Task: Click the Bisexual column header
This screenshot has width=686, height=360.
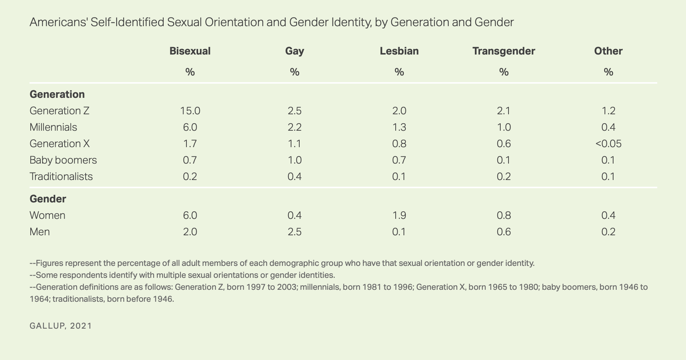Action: tap(190, 51)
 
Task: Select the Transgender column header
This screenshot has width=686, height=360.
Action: tap(504, 51)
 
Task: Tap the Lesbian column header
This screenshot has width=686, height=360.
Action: tap(399, 51)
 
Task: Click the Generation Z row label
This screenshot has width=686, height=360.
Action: tap(59, 111)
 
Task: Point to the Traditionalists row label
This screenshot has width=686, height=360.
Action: tap(61, 176)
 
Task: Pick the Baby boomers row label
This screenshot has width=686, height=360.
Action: tap(63, 160)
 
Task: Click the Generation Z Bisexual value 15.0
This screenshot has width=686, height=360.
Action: tap(190, 111)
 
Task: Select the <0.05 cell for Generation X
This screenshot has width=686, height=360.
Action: tap(608, 144)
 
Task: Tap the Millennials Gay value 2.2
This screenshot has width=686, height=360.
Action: tap(294, 127)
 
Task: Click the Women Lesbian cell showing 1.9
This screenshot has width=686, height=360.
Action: tap(399, 215)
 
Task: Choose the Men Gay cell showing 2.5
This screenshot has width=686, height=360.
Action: tap(294, 232)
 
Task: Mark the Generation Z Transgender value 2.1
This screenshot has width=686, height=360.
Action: tap(504, 111)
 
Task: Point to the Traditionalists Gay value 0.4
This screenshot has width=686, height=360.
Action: tap(294, 176)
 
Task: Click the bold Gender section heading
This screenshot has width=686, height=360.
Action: tap(48, 199)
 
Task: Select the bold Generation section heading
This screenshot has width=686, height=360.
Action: tap(57, 94)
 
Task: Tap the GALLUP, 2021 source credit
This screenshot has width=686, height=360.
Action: tap(61, 326)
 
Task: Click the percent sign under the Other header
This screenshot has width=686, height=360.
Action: tap(608, 72)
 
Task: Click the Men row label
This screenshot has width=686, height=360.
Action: tap(40, 232)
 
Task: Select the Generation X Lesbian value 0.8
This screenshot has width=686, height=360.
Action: tap(399, 144)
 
